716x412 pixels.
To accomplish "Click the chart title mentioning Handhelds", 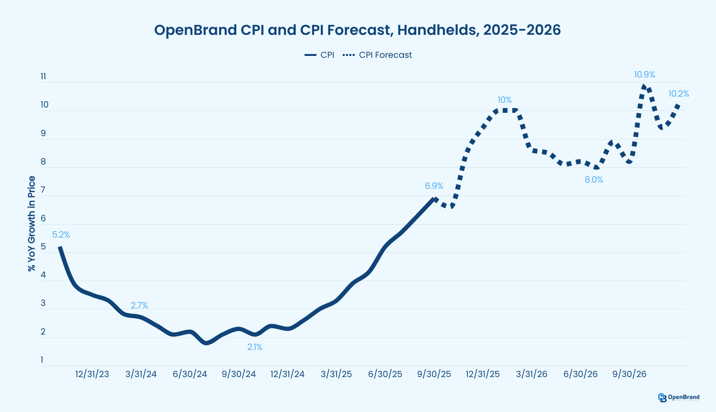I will pos(358,30).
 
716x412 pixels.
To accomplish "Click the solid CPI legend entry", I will pos(319,55).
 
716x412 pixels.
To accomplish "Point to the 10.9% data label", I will pos(644,75).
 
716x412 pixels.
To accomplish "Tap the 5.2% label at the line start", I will pos(61,235).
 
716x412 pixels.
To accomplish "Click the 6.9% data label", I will pos(434,186).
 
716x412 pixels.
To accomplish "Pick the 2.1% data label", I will pos(254,347).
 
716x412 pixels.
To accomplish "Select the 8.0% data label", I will pos(594,180).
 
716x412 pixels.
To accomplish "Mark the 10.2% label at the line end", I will pos(678,94).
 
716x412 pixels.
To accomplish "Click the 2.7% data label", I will pos(139,305).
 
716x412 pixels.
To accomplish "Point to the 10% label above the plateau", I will pos(505,100).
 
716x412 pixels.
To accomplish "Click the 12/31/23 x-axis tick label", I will pos(92,374).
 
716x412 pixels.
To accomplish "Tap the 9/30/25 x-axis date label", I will pos(434,374).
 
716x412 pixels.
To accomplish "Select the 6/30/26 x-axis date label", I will pos(580,374).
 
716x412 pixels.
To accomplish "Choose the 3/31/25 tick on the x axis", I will pos(336,374).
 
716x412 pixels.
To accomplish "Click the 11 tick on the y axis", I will pos(43,76).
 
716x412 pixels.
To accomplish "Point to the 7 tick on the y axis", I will pos(43,190).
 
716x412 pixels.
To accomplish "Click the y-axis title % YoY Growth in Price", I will pos(32,224).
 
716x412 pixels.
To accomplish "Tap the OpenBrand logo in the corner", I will pos(678,397).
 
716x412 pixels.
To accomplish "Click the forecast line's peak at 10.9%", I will pos(644,86).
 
